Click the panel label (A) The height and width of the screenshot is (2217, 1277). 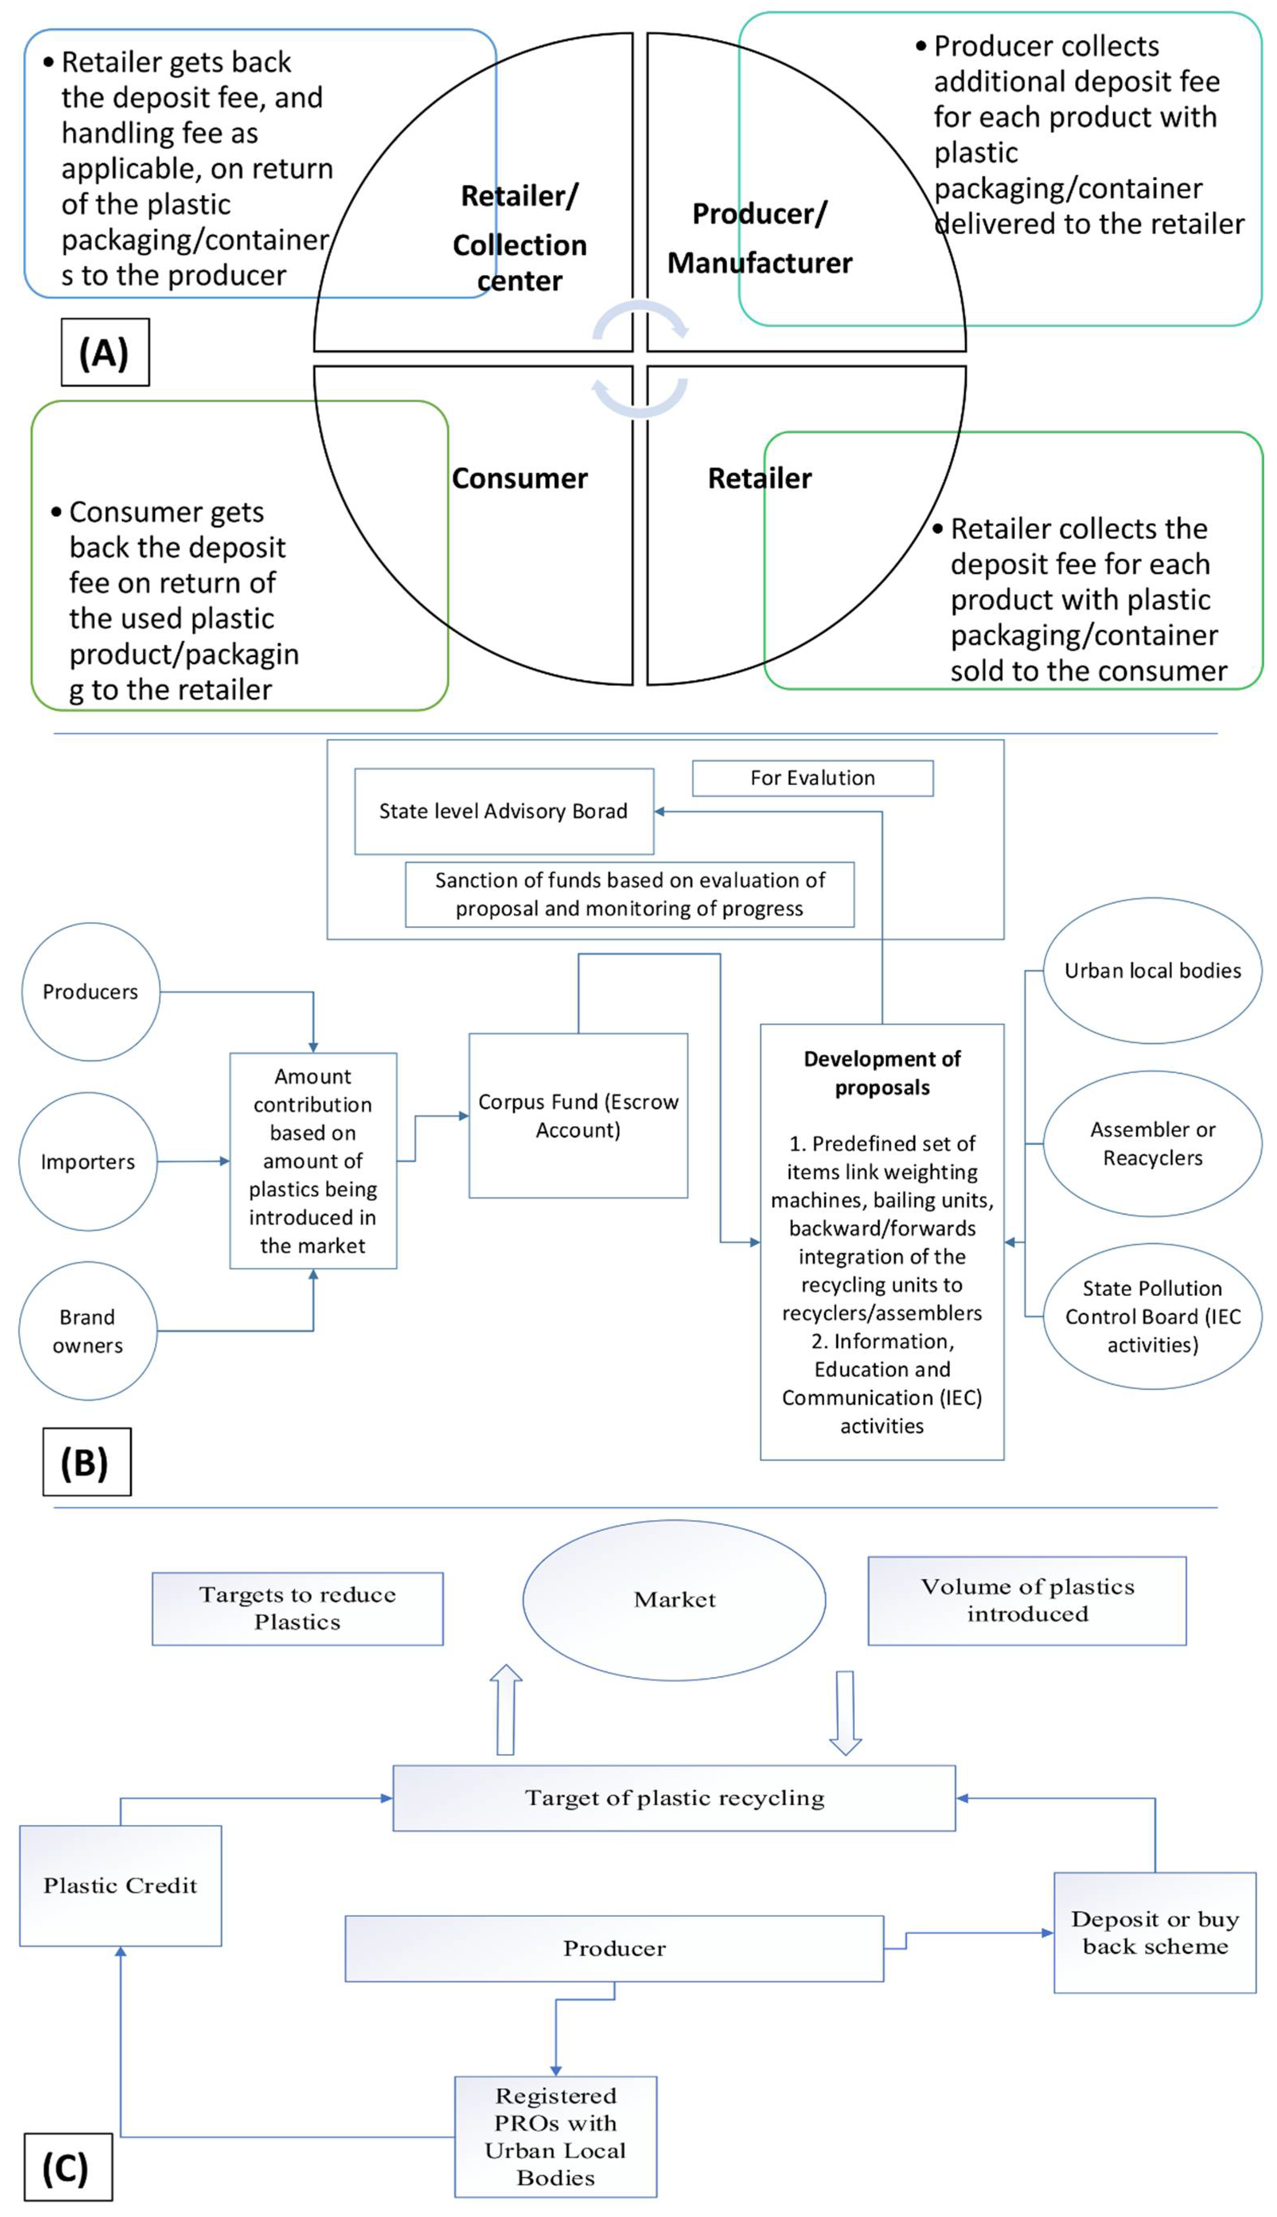(105, 353)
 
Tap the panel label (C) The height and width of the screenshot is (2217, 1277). (68, 2167)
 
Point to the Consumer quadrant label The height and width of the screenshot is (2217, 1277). (519, 478)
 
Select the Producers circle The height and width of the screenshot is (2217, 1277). (90, 992)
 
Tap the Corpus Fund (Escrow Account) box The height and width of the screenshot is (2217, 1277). (578, 1115)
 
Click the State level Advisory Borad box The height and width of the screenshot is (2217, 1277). (503, 811)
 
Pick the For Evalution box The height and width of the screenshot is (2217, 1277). (812, 778)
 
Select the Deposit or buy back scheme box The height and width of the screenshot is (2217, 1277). (1154, 1933)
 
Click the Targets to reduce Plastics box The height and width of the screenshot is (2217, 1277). (297, 1608)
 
